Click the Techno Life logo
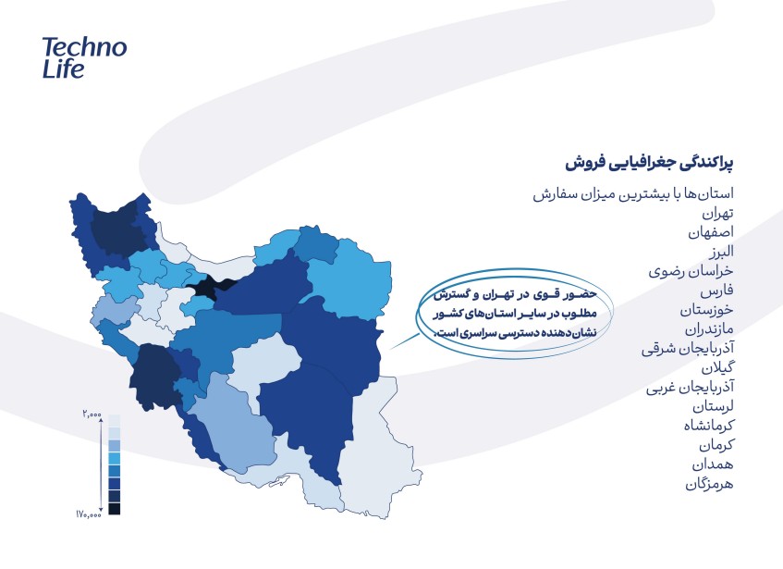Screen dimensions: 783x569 click(x=84, y=58)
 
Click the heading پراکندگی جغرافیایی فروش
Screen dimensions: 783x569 click(x=649, y=164)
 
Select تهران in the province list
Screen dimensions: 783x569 click(x=717, y=214)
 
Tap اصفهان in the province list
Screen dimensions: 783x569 click(x=711, y=232)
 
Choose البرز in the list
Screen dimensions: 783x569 click(x=722, y=252)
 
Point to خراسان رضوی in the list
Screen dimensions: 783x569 click(x=691, y=271)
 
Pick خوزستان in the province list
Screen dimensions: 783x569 click(x=706, y=310)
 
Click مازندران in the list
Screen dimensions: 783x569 click(x=709, y=329)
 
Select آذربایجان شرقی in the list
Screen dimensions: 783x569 click(x=688, y=348)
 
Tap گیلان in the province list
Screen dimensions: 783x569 click(x=717, y=367)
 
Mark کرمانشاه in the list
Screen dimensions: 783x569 click(x=709, y=426)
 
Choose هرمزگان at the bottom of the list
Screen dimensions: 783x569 click(x=709, y=484)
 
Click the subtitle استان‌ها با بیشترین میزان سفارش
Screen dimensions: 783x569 click(x=633, y=193)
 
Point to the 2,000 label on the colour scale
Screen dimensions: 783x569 click(x=92, y=414)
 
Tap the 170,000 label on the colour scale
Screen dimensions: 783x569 click(x=89, y=513)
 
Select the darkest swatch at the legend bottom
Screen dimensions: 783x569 click(x=115, y=509)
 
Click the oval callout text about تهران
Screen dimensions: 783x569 click(x=514, y=314)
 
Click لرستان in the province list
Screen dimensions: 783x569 click(x=713, y=406)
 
